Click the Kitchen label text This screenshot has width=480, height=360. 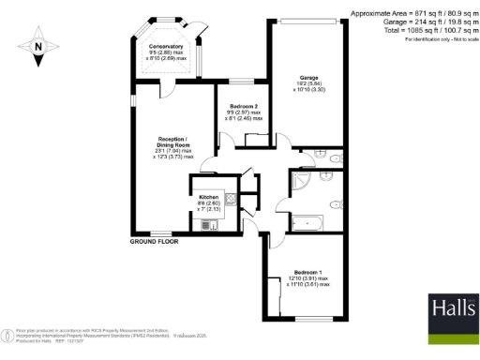[208, 195]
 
